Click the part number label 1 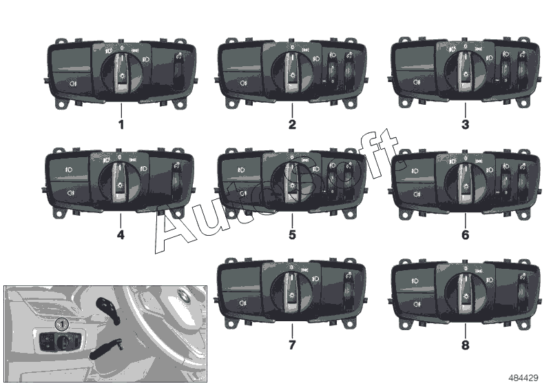[121, 125]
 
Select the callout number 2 [292, 125]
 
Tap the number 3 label [465, 125]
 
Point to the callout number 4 [121, 234]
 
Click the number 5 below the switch [292, 234]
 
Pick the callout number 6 [465, 234]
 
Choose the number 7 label [292, 345]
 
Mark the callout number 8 [465, 345]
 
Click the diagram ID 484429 [523, 378]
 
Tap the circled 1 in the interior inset [62, 324]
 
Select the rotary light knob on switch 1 [122, 73]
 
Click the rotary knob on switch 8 [466, 294]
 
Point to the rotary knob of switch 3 [466, 72]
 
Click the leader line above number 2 [292, 110]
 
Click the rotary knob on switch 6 [466, 183]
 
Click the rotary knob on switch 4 [120, 183]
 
